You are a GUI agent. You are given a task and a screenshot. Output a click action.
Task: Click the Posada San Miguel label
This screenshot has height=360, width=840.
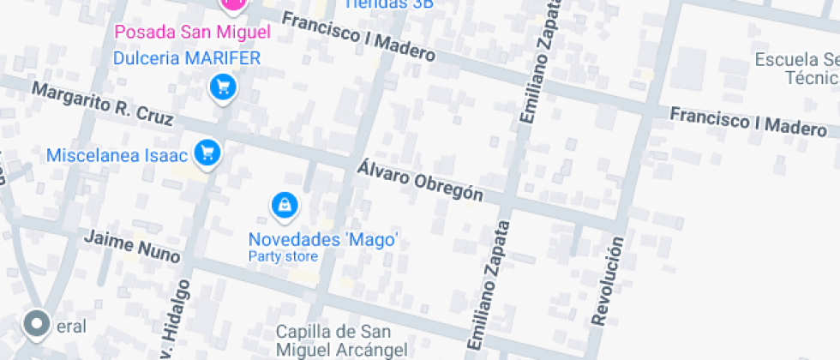click(192, 33)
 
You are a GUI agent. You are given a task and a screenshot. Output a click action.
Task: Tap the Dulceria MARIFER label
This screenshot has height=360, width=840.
click(187, 58)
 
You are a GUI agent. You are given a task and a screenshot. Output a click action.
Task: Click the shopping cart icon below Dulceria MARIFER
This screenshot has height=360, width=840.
click(223, 87)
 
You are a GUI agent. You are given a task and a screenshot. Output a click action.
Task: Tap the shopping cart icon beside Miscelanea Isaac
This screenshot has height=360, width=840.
click(207, 153)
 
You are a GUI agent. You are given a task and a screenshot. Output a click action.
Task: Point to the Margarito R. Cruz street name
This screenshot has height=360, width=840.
click(102, 104)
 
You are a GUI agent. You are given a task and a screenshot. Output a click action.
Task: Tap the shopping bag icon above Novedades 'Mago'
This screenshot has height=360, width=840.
click(285, 205)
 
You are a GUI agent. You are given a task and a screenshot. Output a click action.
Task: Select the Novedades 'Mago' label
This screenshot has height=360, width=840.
click(323, 239)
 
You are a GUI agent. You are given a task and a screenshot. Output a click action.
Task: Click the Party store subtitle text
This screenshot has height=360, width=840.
click(283, 256)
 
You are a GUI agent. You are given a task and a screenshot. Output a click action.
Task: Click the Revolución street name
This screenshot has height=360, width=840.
click(607, 280)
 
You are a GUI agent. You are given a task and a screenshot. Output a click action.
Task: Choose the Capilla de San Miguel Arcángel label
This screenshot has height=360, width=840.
click(334, 340)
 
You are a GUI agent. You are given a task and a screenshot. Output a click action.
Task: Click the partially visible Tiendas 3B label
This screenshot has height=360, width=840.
click(388, 3)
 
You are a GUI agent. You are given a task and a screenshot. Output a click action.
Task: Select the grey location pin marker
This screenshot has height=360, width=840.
click(36, 323)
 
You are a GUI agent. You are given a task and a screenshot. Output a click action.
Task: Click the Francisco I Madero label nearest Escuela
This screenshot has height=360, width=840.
click(748, 122)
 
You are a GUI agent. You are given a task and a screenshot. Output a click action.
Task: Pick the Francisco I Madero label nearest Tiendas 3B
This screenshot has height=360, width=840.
click(358, 38)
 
